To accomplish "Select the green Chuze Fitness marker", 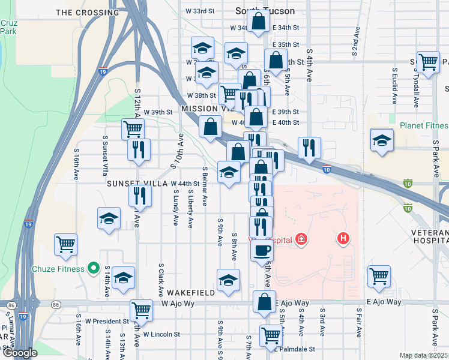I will [93, 268].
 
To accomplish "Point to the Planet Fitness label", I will [424, 125].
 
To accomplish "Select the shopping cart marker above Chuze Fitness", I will [65, 244].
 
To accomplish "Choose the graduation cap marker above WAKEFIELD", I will [228, 280].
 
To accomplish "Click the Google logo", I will [20, 353].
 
